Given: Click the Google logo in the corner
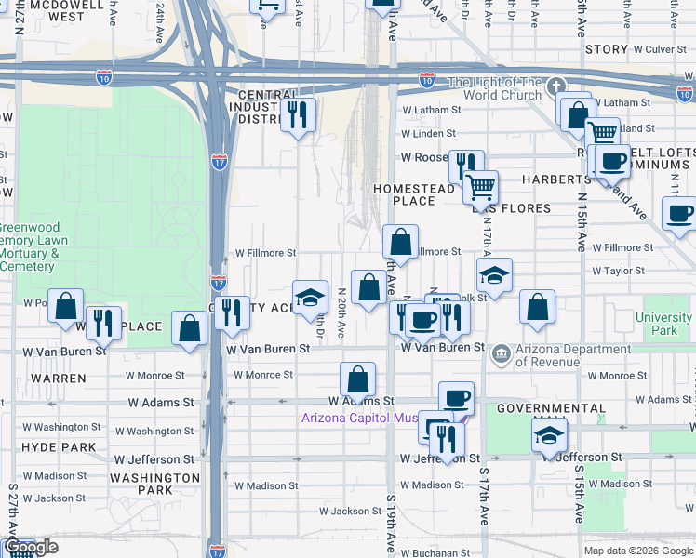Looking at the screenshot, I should pyautogui.click(x=31, y=547).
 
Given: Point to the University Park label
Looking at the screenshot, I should pyautogui.click(x=663, y=324).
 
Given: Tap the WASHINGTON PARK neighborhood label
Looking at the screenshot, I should pyautogui.click(x=154, y=484).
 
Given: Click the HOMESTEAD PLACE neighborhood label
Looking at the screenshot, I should pyautogui.click(x=414, y=194).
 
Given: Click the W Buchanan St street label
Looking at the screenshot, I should pyautogui.click(x=422, y=552).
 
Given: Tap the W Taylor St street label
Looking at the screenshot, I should pyautogui.click(x=618, y=271).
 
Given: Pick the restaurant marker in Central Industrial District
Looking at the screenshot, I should pyautogui.click(x=299, y=114).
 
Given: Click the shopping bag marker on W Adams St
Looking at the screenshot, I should pyautogui.click(x=357, y=379).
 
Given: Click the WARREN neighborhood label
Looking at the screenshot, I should pyautogui.click(x=59, y=379).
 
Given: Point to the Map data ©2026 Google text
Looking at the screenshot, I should pyautogui.click(x=638, y=551).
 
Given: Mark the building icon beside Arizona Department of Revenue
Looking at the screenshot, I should pyautogui.click(x=502, y=352).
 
